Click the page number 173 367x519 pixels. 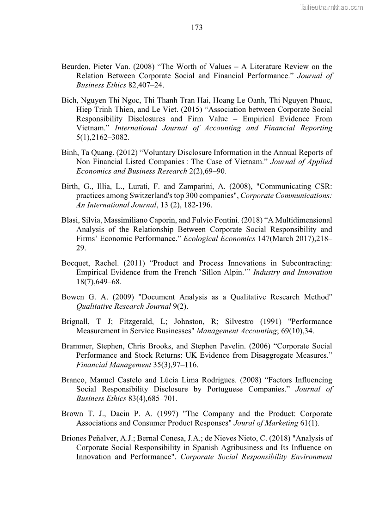click(196, 28)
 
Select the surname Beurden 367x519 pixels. click(75, 67)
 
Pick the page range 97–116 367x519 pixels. click(184, 365)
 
